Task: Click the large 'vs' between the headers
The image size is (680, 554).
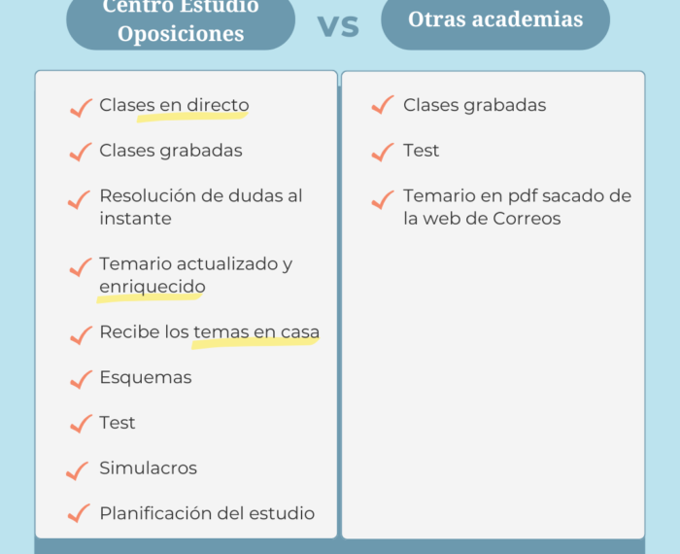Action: (x=338, y=26)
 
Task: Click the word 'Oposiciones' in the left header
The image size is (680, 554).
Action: (x=181, y=34)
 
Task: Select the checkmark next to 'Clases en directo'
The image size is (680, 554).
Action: (x=81, y=108)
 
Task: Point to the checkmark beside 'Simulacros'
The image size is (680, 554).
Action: (x=77, y=470)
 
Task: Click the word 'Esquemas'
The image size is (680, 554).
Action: (x=146, y=377)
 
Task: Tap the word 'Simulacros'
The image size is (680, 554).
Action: (x=149, y=468)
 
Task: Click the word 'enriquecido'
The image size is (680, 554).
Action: (x=153, y=287)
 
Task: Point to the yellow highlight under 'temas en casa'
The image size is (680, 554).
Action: (x=255, y=343)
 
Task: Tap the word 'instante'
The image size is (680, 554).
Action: (x=135, y=219)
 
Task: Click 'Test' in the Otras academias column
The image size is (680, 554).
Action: (x=421, y=151)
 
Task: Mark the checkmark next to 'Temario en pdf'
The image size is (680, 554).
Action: (x=383, y=199)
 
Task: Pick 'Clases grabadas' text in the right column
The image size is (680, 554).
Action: (x=474, y=105)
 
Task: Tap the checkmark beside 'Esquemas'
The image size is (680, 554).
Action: (x=81, y=380)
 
